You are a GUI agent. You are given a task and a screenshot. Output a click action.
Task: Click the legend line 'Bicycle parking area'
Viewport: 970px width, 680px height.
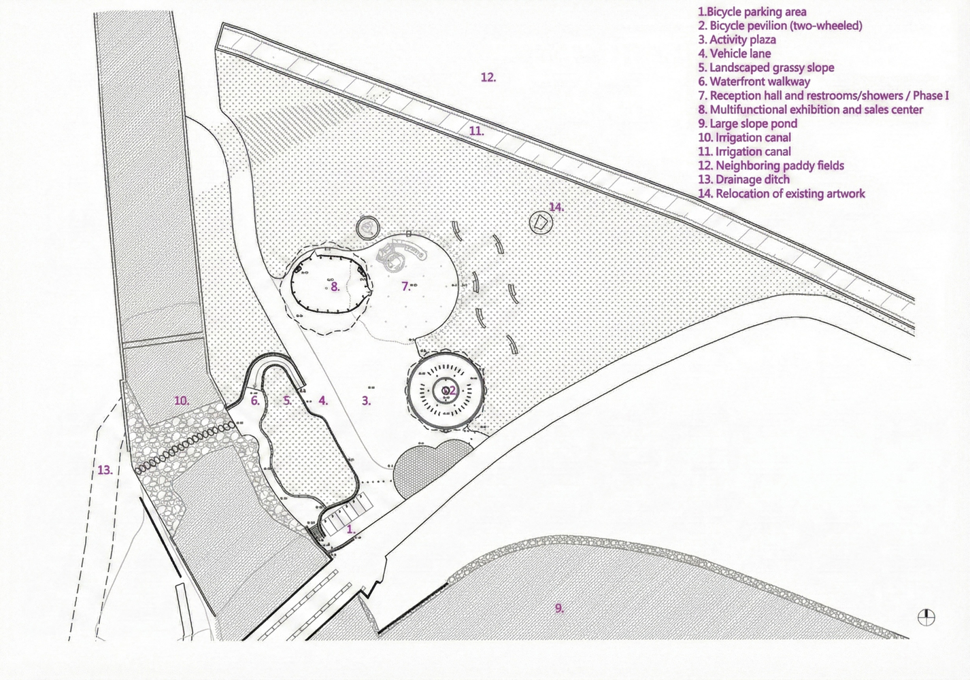click(752, 12)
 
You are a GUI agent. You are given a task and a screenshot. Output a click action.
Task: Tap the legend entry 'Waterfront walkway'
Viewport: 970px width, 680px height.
click(754, 82)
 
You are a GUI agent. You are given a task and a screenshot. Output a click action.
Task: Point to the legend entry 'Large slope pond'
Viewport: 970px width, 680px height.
click(748, 123)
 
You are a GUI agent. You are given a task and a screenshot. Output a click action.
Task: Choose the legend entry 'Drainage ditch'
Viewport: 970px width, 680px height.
click(743, 180)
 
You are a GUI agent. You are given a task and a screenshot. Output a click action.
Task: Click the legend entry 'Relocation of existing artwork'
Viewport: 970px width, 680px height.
click(781, 193)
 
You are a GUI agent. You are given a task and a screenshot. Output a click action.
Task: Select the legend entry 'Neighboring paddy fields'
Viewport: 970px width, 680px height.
click(771, 165)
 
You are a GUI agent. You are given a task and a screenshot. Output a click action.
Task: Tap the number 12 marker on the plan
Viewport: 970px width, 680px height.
click(488, 78)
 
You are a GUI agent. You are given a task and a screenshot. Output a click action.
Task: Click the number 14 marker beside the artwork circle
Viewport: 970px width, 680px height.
click(556, 207)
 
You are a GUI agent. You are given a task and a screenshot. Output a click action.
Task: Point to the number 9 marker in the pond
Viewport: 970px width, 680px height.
click(559, 608)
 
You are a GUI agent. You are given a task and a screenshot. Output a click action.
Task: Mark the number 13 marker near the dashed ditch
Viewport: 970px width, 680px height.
click(105, 470)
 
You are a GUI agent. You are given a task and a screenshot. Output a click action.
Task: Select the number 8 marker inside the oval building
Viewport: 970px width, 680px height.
click(335, 286)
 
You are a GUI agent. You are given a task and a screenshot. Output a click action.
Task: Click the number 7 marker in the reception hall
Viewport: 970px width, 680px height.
click(405, 286)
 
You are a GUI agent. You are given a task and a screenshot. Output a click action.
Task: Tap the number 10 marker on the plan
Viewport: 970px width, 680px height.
click(182, 401)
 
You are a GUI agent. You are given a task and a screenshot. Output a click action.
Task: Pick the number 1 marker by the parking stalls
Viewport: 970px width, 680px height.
click(351, 529)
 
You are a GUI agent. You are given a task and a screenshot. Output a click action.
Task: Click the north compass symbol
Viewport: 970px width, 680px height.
click(926, 617)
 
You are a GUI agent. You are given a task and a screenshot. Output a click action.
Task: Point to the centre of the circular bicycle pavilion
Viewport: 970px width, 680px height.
click(445, 391)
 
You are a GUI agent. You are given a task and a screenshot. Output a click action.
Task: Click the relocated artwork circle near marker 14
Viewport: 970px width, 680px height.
click(541, 222)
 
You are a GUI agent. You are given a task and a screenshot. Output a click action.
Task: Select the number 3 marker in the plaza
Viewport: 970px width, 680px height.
click(366, 401)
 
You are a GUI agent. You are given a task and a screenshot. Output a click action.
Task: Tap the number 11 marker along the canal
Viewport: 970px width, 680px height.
click(476, 131)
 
